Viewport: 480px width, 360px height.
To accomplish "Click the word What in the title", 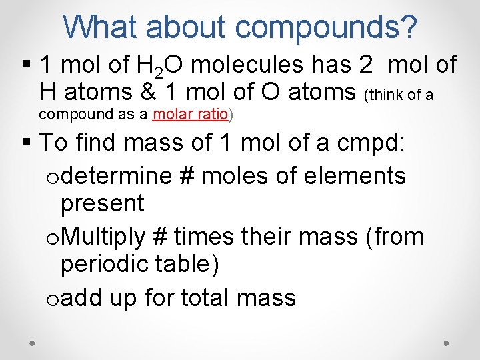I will coord(101,27).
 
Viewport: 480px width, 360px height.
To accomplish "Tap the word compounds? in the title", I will coord(327,28).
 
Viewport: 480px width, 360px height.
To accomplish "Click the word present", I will coord(102,203).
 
